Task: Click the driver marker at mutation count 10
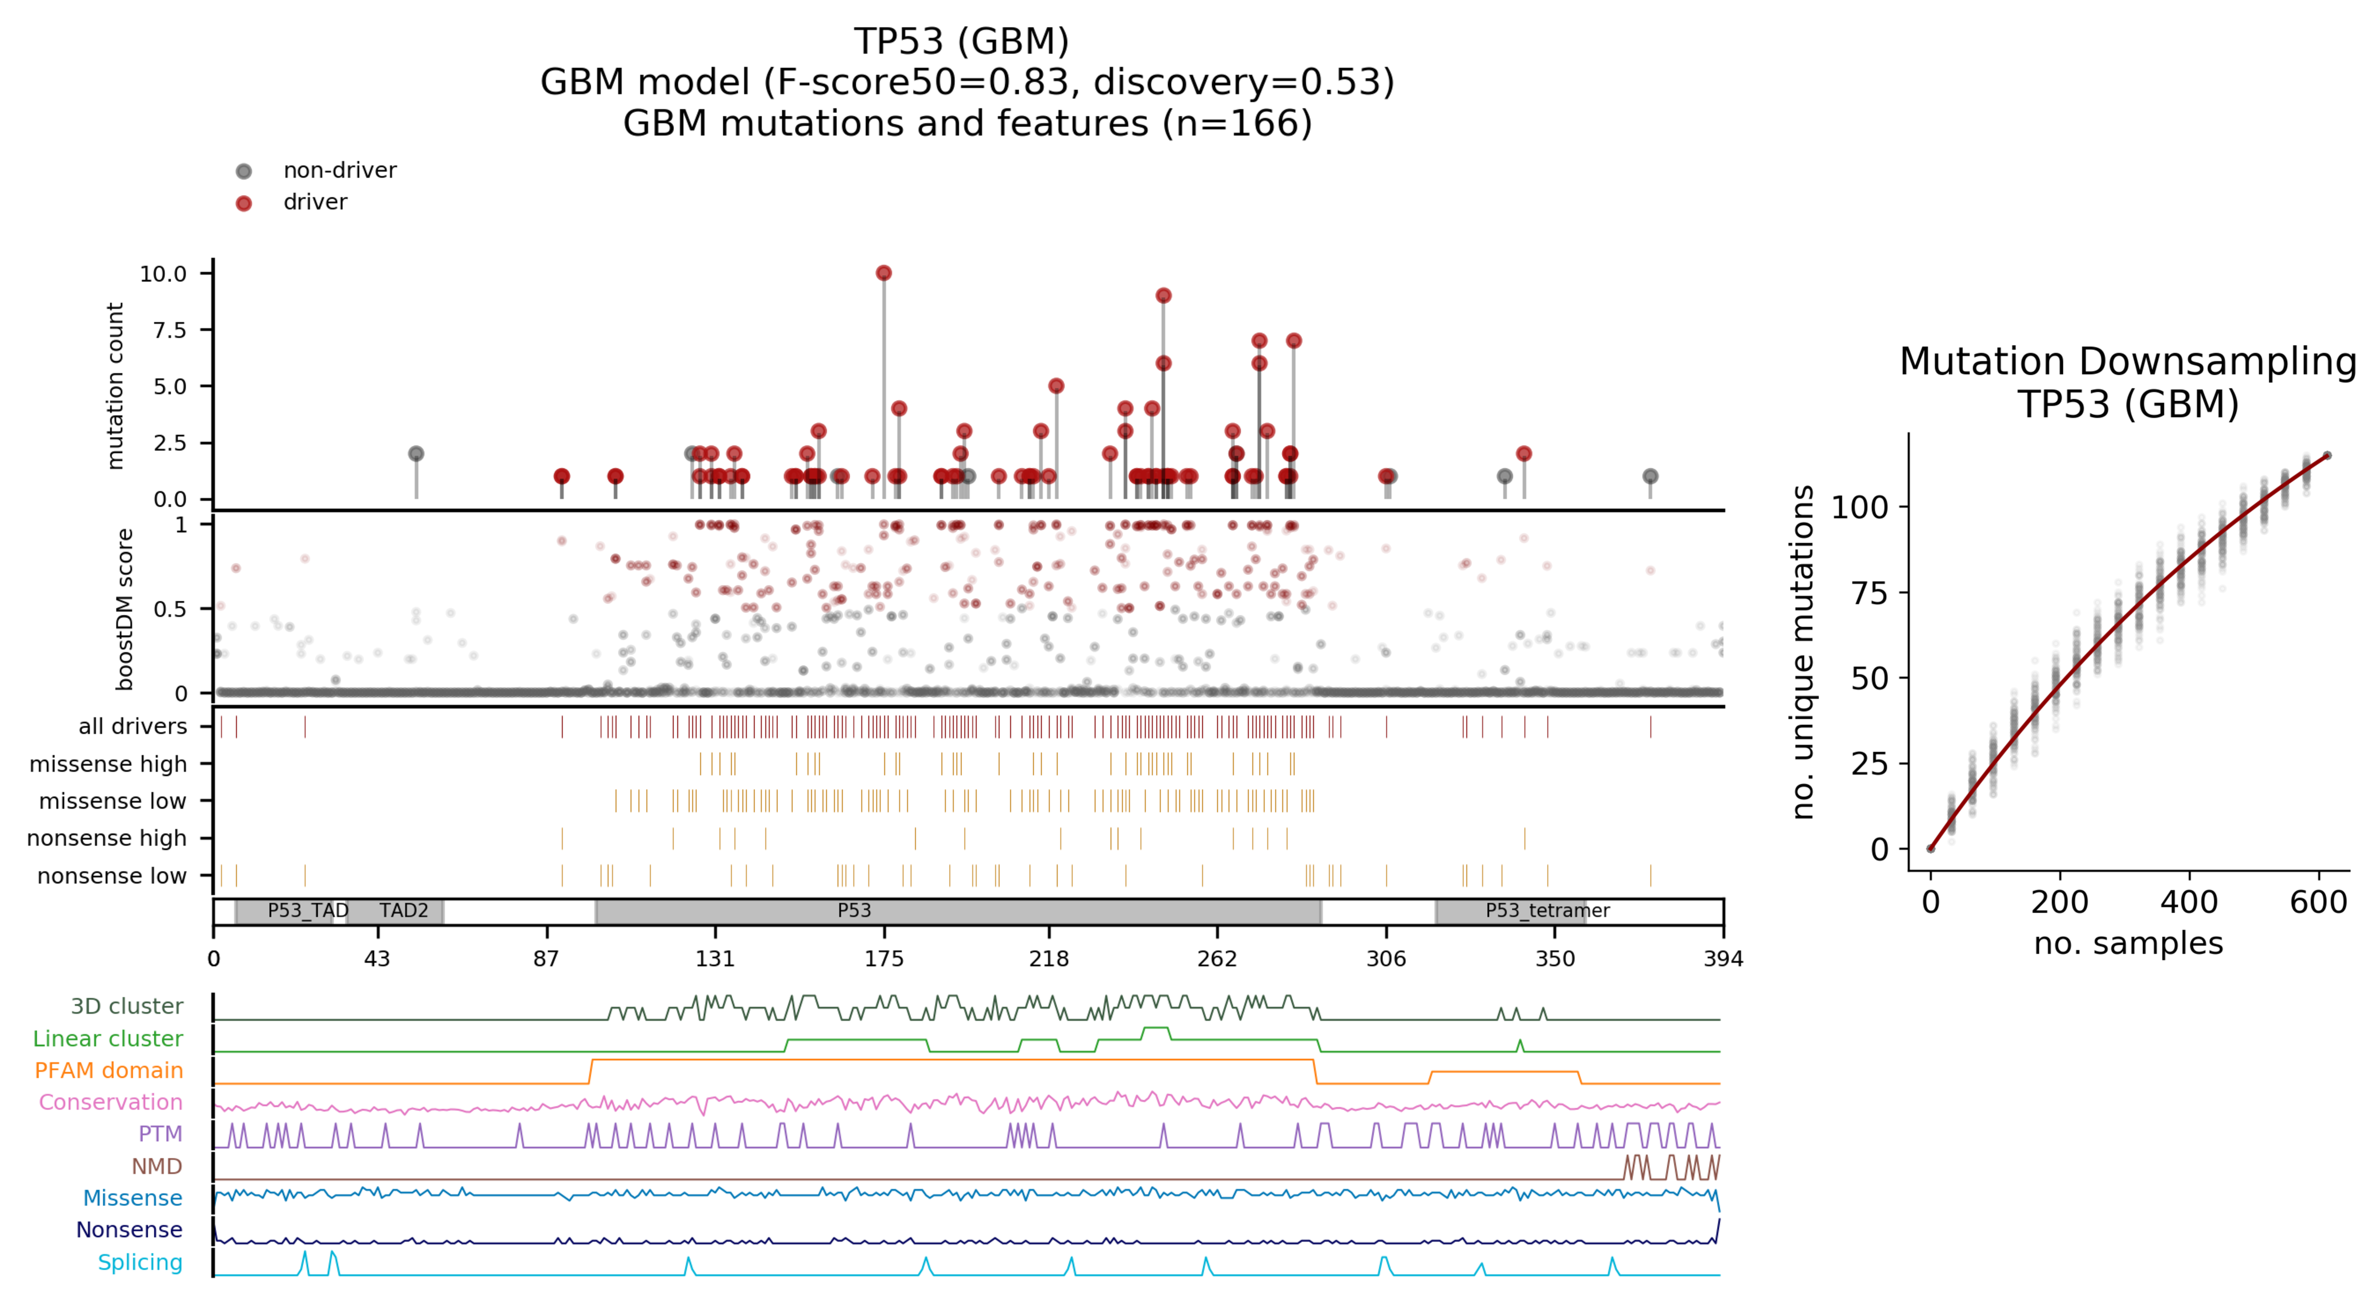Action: point(883,273)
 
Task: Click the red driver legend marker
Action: point(243,203)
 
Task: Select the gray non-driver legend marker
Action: point(243,170)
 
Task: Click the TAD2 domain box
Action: point(395,911)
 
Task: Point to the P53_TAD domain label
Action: point(307,911)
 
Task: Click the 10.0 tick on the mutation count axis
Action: point(163,274)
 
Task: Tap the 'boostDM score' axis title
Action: point(125,609)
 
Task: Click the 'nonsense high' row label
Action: point(107,838)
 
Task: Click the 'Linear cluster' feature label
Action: point(108,1038)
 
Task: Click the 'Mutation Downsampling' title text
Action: point(2127,362)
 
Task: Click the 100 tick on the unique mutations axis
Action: point(1860,507)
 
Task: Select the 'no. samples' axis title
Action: point(2128,944)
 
